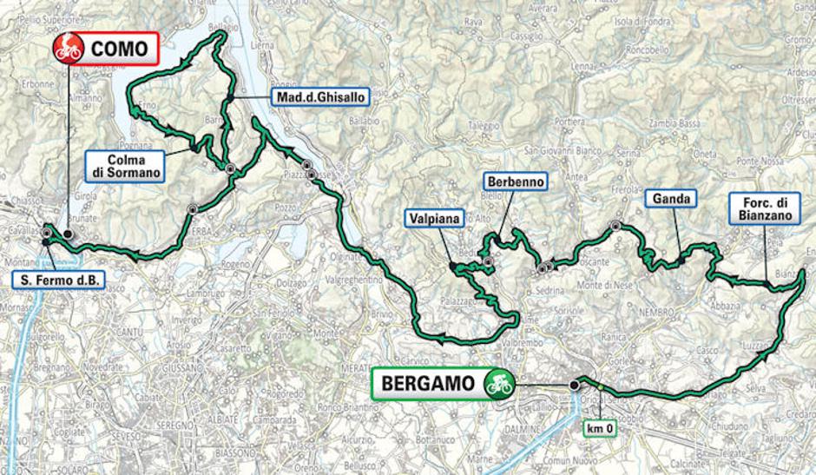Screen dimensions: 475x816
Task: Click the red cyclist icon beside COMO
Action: point(68,49)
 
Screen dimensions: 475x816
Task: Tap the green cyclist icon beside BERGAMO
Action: point(499,383)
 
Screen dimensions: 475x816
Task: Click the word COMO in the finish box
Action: point(120,49)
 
